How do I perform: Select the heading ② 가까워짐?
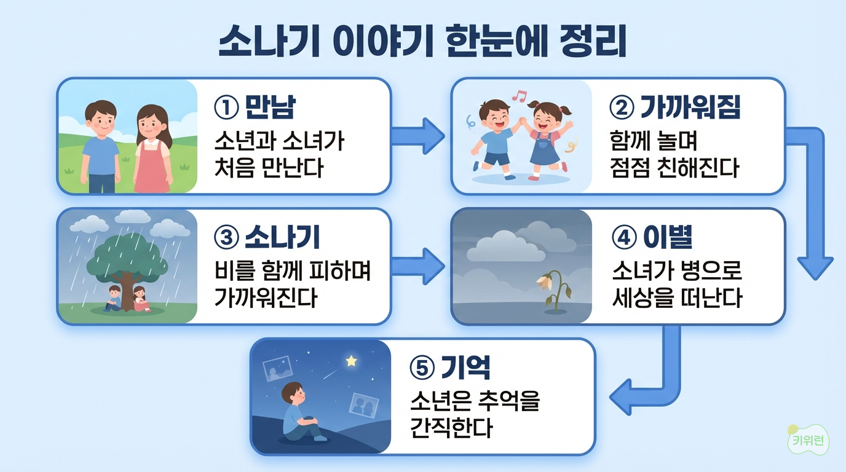pyautogui.click(x=674, y=108)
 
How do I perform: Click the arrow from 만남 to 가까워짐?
pyautogui.click(x=417, y=136)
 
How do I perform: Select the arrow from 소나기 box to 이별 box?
pyautogui.click(x=417, y=266)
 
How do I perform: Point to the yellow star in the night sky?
pyautogui.click(x=351, y=361)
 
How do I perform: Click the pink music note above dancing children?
pyautogui.click(x=520, y=96)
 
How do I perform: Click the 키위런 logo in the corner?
pyautogui.click(x=808, y=441)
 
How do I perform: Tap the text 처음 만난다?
pyautogui.click(x=269, y=168)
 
